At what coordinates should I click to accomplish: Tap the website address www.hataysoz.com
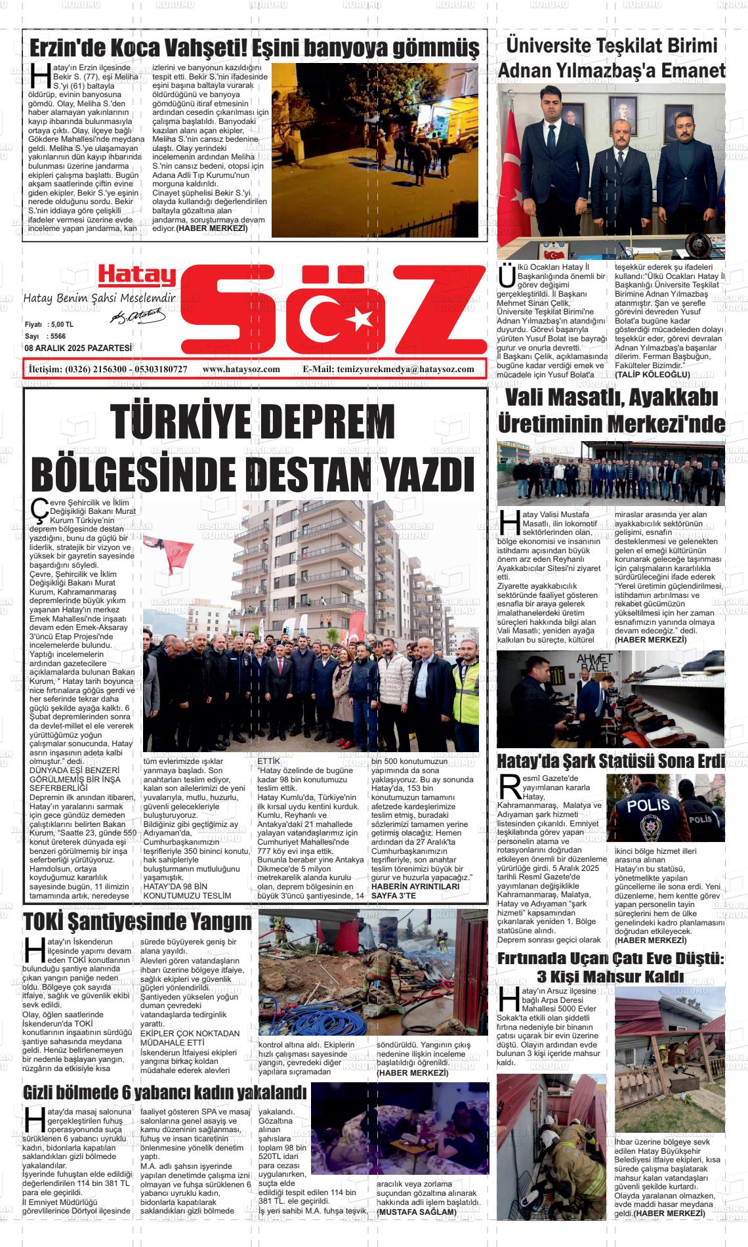[x=241, y=370]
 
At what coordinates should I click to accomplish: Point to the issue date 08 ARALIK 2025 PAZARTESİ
[x=78, y=348]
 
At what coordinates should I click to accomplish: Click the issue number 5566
[x=58, y=336]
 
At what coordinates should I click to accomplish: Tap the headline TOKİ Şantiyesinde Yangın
[x=137, y=921]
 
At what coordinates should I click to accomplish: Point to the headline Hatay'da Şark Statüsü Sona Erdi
[x=611, y=761]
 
